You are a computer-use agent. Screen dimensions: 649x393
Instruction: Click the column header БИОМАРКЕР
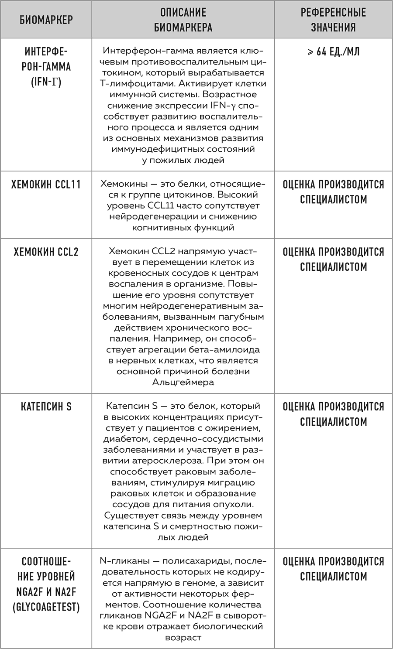(x=46, y=20)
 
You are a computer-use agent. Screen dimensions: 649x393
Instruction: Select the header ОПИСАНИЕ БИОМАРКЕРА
(x=183, y=20)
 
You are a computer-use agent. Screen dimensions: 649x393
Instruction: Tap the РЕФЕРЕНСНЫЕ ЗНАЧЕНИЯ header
(x=333, y=20)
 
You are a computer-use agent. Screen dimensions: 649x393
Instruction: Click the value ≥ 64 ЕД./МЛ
(x=333, y=52)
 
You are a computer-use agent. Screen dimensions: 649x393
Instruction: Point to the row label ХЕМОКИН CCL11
(x=46, y=184)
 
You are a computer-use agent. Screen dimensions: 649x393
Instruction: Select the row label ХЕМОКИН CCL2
(x=46, y=252)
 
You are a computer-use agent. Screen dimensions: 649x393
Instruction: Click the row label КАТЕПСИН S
(x=46, y=406)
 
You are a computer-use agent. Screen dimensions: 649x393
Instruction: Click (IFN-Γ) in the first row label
(x=46, y=82)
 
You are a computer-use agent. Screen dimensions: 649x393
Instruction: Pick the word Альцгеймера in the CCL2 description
(x=183, y=383)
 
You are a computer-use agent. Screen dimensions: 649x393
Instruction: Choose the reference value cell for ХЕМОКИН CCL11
(x=333, y=192)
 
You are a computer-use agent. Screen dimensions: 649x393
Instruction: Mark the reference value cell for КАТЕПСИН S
(x=333, y=414)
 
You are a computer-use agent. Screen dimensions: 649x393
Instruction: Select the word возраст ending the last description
(x=183, y=638)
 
